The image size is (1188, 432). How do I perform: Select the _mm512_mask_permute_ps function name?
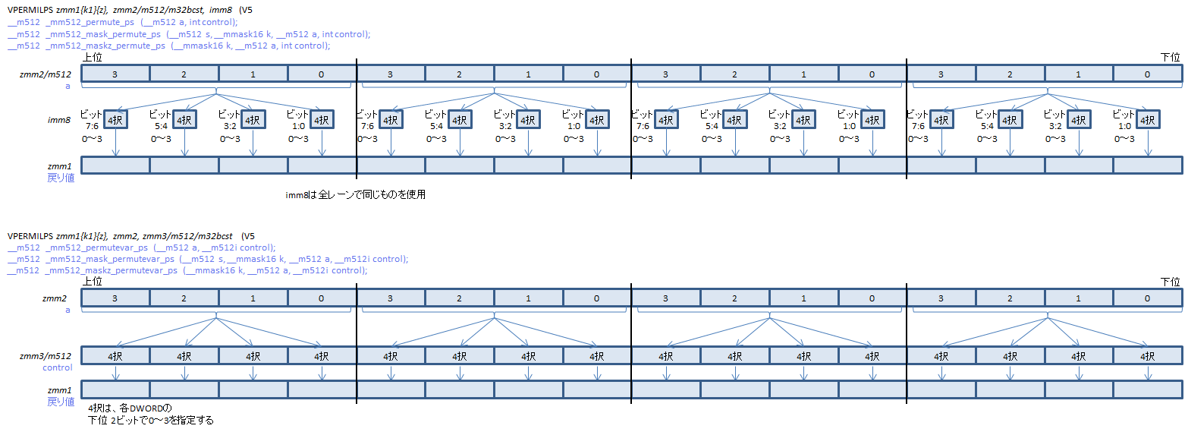click(x=105, y=34)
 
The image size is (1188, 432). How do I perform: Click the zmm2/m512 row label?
click(x=46, y=74)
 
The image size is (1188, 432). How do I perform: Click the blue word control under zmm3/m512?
click(x=57, y=367)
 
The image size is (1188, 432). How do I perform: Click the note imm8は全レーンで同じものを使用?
click(x=355, y=195)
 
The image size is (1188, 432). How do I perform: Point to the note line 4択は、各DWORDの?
click(x=130, y=408)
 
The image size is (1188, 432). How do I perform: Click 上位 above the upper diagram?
click(x=93, y=58)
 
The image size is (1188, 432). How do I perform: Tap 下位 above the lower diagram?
click(x=1170, y=282)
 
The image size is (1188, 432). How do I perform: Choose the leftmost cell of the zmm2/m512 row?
click(x=115, y=74)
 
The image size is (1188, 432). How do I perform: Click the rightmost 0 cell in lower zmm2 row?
click(x=1147, y=298)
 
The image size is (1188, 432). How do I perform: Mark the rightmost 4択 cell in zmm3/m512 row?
click(x=1147, y=355)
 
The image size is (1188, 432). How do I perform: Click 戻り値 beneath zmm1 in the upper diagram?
click(x=61, y=178)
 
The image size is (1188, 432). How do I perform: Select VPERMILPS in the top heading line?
click(x=30, y=10)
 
